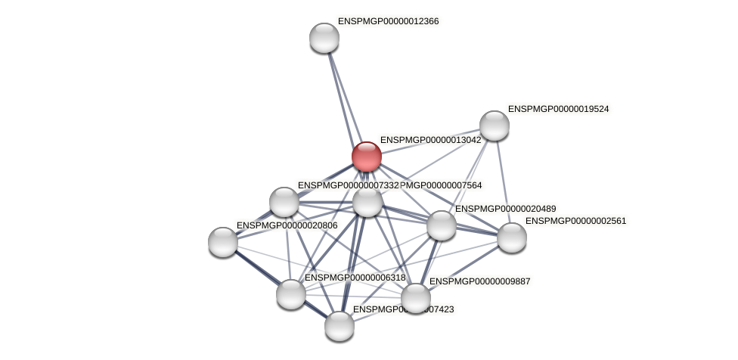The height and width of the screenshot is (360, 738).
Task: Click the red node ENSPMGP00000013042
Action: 367,157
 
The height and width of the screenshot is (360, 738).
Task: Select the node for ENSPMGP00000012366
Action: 324,38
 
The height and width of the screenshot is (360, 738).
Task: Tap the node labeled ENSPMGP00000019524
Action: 495,126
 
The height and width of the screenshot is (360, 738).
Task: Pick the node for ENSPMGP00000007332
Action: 284,202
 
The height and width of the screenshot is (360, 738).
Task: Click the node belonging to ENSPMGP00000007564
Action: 367,202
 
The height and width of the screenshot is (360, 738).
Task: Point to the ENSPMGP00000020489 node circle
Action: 442,225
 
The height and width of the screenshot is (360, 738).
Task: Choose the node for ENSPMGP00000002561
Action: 512,237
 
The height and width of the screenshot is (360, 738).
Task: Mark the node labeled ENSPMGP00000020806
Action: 223,242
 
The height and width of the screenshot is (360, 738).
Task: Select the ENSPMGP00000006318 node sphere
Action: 291,294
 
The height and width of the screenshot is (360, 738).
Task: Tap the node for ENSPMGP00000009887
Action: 415,298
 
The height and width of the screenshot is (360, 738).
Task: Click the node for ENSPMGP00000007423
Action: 340,326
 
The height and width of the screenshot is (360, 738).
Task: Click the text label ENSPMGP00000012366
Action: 388,21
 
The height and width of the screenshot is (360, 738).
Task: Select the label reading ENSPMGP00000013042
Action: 430,140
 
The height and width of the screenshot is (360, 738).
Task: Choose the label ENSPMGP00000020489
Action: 505,209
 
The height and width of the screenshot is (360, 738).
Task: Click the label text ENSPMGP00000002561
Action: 575,221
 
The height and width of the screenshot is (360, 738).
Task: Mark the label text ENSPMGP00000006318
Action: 355,278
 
